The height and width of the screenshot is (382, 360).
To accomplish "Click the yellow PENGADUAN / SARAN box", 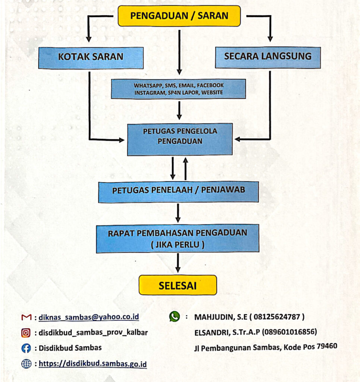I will click(179, 16).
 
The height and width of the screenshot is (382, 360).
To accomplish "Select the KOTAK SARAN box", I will click(91, 57).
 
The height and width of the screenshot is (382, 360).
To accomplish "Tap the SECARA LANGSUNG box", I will click(267, 57).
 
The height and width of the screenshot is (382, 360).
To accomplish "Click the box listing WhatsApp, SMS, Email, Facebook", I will click(178, 89).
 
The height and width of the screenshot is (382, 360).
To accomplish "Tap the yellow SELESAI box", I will click(178, 285).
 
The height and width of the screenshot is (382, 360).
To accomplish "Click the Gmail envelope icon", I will click(26, 317).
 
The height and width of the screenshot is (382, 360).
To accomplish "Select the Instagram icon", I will click(26, 333).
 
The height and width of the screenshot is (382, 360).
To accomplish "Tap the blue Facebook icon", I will click(26, 348).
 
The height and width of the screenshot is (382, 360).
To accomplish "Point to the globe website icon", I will click(26, 364).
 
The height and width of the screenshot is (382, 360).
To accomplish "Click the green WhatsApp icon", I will click(174, 317).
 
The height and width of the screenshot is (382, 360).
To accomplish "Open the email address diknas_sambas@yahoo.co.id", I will click(89, 317).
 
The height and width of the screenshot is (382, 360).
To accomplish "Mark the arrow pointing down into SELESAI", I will click(178, 263).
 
